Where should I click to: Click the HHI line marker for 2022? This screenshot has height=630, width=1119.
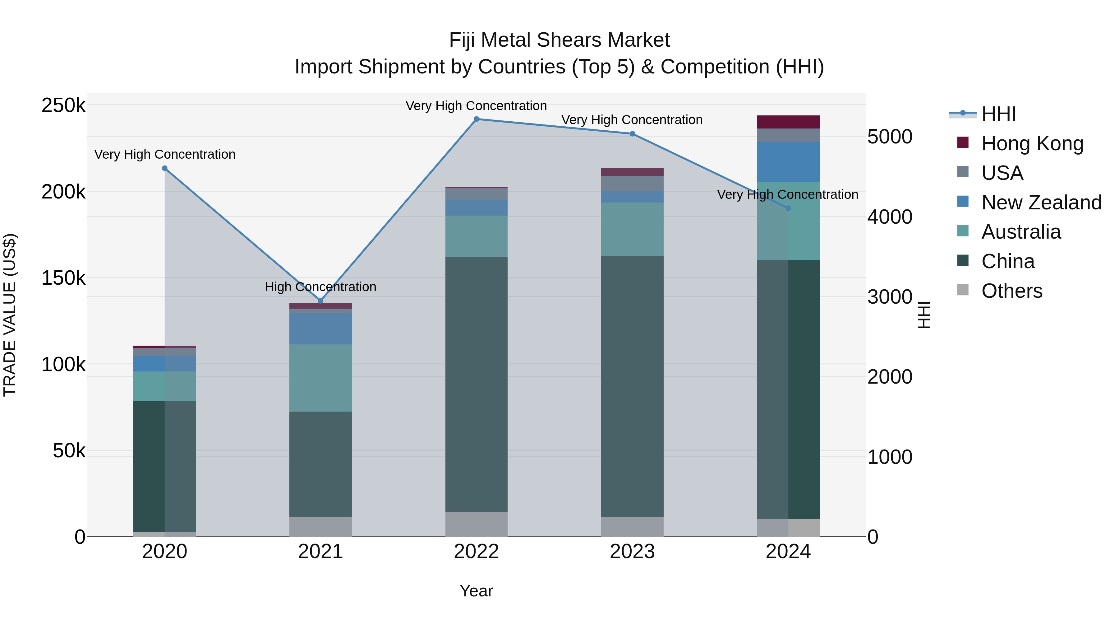[476, 119]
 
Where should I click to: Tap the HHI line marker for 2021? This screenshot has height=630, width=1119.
[320, 301]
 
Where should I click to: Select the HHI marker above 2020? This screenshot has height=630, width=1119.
[165, 168]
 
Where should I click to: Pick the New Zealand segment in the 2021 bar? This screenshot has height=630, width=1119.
[320, 328]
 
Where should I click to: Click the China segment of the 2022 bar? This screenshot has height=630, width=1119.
[476, 384]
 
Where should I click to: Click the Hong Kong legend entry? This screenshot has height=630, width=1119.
[1032, 143]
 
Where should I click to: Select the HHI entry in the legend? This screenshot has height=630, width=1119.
[998, 114]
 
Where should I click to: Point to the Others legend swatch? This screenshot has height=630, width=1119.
[963, 290]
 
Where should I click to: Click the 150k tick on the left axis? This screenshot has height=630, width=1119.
[63, 278]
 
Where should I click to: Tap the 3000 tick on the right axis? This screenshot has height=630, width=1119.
[890, 297]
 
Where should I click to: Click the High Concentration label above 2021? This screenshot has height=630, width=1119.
[320, 287]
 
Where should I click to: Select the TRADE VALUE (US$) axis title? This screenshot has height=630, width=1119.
[10, 315]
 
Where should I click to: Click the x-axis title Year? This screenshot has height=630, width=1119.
[476, 591]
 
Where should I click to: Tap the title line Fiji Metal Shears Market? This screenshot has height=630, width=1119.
[559, 40]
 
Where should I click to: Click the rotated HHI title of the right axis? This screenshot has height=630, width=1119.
[924, 315]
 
